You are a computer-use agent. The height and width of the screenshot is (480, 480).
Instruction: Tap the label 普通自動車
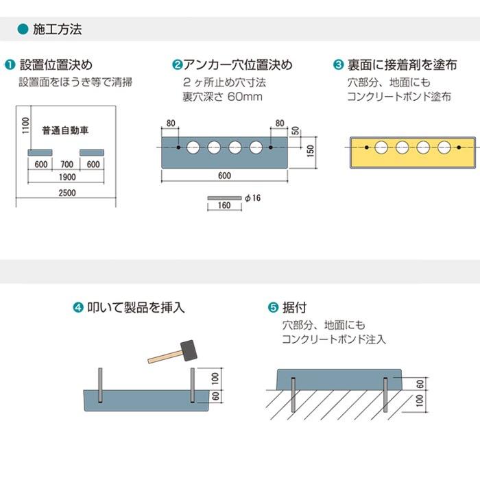tap(66, 130)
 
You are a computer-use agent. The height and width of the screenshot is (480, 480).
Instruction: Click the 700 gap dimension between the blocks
tap(67, 165)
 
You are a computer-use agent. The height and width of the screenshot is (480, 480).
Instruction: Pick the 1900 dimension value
tap(67, 177)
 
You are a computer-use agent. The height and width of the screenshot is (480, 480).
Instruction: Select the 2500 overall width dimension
tap(67, 193)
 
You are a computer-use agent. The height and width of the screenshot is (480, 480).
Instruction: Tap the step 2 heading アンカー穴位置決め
tap(238, 66)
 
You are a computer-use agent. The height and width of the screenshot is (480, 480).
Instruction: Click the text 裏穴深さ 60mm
tap(222, 97)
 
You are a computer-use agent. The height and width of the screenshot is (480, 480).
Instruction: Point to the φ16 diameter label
tap(253, 197)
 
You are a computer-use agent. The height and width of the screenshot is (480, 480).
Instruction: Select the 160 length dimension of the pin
tap(224, 206)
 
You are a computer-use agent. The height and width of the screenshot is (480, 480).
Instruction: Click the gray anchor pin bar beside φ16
tap(224, 197)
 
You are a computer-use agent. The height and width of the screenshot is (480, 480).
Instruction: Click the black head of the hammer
tap(187, 350)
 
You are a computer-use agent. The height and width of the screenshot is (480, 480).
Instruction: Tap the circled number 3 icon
tap(338, 66)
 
